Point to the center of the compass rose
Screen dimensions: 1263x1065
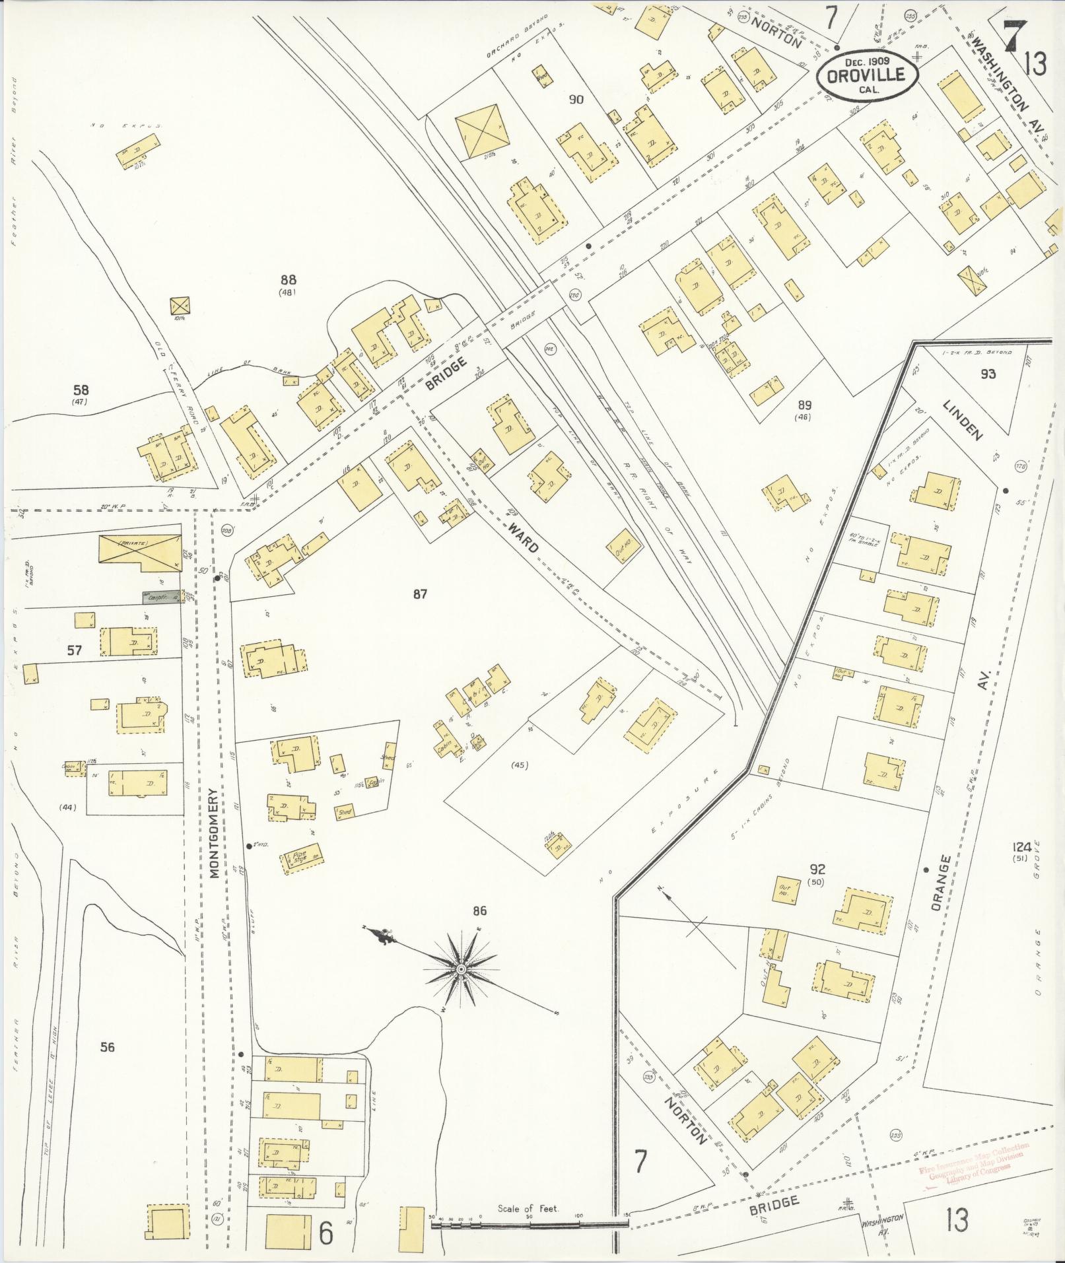point(462,969)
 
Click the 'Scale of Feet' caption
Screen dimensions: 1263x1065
point(528,1209)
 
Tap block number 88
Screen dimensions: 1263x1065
point(287,280)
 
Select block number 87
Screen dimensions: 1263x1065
point(420,594)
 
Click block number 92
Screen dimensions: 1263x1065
point(817,870)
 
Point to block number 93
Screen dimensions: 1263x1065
point(988,374)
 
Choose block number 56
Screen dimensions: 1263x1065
point(107,1046)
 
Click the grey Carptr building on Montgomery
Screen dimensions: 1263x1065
point(162,597)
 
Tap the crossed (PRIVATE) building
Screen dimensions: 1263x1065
point(139,549)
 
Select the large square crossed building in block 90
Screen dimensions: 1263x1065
point(483,131)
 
